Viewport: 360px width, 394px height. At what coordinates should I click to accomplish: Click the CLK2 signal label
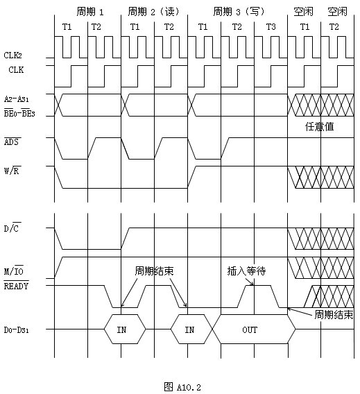pos(12,55)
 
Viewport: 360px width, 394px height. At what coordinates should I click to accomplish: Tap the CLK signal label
pos(16,69)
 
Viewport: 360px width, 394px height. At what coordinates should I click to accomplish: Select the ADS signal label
pos(12,142)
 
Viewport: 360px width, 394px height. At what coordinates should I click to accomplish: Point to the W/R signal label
pos(12,171)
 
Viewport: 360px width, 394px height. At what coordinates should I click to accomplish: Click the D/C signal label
pos(12,228)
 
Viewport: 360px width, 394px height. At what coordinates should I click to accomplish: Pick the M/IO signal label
pos(14,271)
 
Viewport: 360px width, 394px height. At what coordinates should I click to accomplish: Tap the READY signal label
pos(16,286)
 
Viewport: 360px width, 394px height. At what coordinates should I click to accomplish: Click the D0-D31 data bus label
pos(17,329)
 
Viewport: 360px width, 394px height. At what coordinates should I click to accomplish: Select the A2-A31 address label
pos(17,98)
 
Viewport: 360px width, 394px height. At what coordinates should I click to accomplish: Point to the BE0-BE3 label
pos(19,113)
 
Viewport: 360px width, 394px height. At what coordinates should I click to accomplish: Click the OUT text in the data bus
pos(250,329)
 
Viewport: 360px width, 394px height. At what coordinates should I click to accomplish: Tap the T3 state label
pos(271,26)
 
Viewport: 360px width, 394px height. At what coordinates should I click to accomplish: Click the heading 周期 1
pos(90,12)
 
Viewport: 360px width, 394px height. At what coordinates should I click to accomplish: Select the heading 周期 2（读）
pos(154,12)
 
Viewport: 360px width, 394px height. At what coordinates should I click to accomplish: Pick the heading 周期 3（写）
pos(239,12)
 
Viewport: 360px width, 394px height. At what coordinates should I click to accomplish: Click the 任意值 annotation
pos(320,126)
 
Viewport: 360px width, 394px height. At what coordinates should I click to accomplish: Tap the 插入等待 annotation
pos(246,271)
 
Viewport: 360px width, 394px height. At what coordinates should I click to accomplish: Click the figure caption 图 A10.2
pos(182,387)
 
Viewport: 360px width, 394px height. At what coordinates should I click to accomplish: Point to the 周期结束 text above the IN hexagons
pos(154,271)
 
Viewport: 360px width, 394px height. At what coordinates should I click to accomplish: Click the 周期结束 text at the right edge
pos(334,315)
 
